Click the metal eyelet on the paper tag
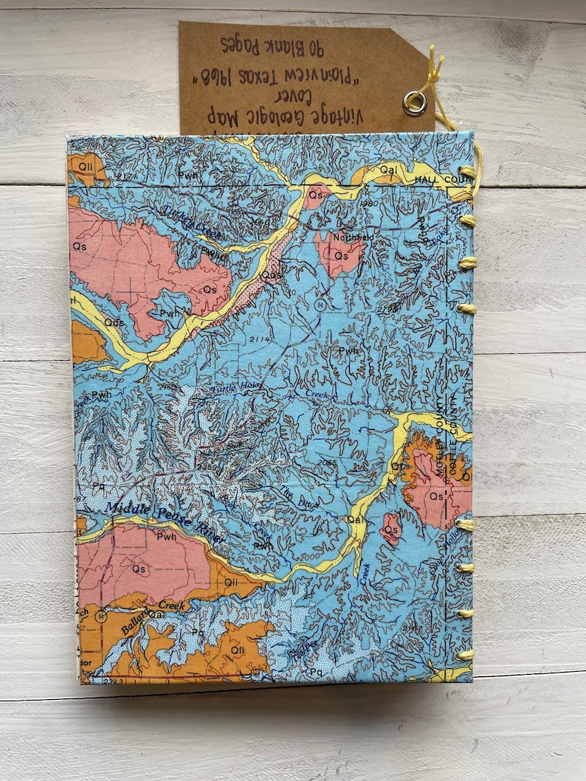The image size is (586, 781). coord(415,103)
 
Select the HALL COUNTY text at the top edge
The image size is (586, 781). coord(441,179)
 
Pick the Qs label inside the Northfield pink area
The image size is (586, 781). coord(341,255)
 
